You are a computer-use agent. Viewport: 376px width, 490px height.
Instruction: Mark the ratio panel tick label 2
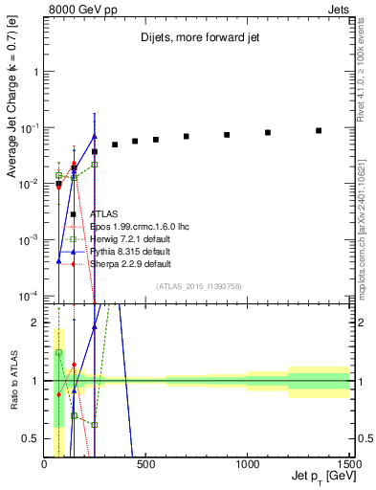[34, 323]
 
